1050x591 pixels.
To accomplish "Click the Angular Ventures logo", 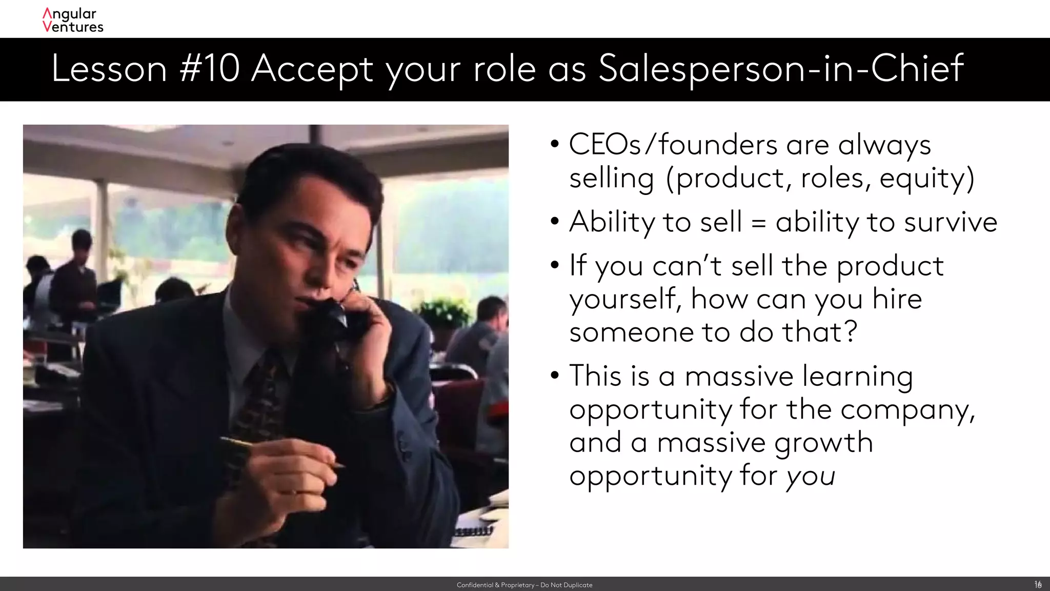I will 73,21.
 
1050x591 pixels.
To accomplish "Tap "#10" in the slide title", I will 210,69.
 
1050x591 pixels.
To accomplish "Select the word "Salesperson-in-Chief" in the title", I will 781,69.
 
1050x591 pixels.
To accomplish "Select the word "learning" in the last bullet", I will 857,377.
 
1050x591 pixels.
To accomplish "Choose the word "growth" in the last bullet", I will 823,443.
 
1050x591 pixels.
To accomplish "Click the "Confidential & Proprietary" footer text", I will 524,585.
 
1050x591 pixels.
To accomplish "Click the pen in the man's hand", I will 282,451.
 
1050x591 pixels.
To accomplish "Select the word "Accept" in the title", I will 312,69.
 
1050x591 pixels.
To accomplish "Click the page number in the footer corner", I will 1038,584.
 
